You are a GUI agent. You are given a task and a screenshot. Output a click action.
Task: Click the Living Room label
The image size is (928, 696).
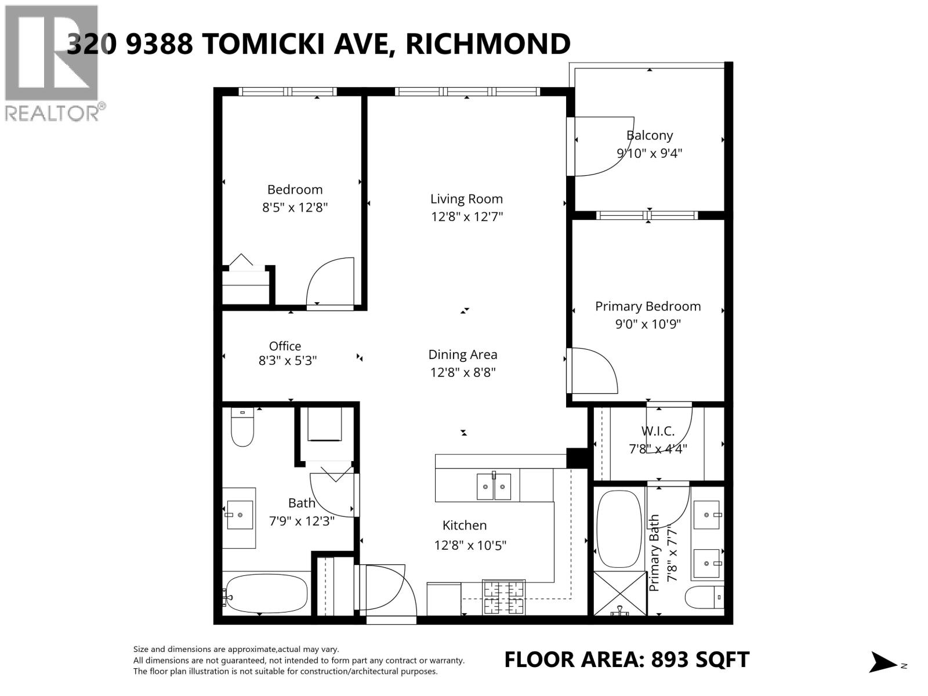coord(466,198)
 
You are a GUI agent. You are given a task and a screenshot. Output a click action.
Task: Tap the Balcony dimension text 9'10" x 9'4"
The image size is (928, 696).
coord(650,153)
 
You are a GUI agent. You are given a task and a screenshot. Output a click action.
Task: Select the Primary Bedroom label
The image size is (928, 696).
coord(648,306)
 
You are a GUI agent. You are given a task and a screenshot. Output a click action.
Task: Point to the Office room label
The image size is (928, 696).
coord(285,346)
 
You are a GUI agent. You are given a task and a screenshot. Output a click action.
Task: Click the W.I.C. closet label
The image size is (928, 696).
coord(658,431)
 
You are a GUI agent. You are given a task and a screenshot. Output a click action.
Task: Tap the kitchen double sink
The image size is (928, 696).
coord(494,487)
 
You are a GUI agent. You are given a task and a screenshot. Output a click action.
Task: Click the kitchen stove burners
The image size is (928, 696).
coord(503,597)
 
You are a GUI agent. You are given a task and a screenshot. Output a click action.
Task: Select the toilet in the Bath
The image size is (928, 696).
coord(242,427)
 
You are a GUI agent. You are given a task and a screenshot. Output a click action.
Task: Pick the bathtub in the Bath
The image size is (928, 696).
coord(267,593)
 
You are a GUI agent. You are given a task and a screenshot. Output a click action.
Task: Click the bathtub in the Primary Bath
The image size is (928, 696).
coord(619,528)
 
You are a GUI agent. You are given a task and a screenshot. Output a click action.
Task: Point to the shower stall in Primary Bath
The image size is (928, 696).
coord(620,593)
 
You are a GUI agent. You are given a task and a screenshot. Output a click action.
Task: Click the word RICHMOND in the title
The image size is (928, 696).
coord(488,44)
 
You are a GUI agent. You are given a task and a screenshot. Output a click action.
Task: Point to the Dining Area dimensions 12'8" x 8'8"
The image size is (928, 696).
coord(462,372)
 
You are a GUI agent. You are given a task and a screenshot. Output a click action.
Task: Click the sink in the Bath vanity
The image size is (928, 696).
coord(240,515)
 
